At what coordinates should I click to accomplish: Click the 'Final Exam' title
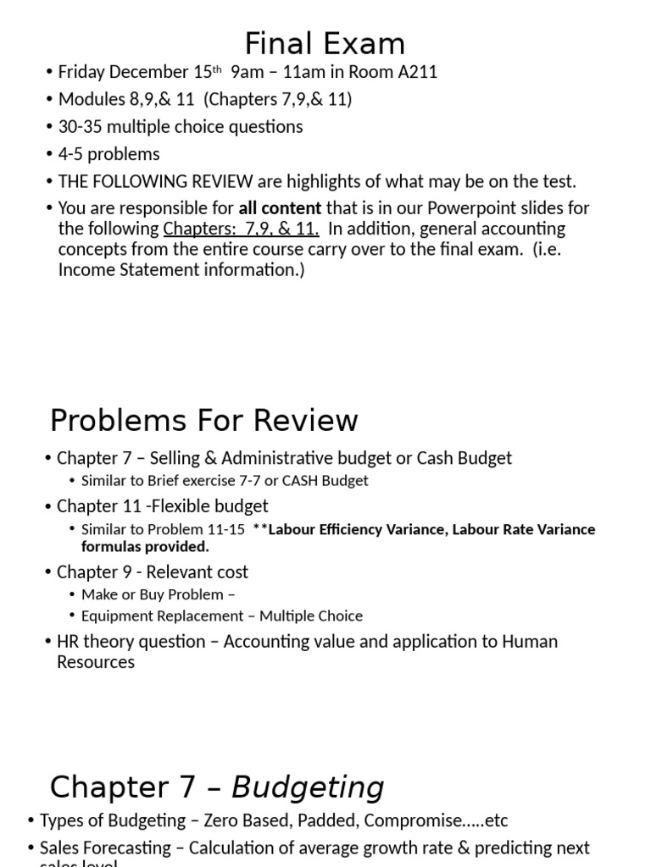325,43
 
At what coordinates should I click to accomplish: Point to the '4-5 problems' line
108,154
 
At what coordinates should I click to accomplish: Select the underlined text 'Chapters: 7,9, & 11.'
242,229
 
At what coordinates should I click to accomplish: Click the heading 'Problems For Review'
204,420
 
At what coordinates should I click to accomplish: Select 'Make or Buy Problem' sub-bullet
153,594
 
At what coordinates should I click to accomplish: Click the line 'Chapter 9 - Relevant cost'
153,572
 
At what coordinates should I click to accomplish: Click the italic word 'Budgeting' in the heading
308,787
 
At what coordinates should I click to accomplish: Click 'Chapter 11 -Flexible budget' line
162,506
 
